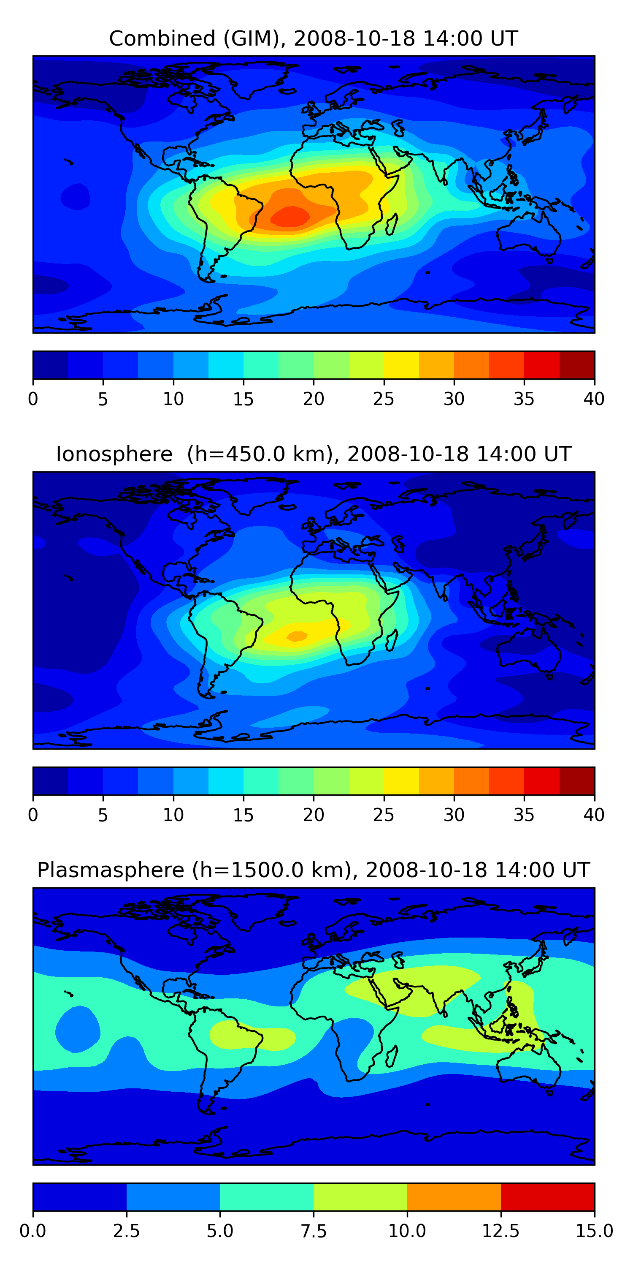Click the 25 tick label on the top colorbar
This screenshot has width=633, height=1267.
click(383, 399)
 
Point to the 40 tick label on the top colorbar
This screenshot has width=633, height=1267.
click(594, 399)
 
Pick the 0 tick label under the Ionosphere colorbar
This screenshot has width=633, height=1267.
click(33, 815)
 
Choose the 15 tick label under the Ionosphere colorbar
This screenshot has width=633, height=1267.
click(243, 815)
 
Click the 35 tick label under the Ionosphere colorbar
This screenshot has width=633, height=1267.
click(524, 815)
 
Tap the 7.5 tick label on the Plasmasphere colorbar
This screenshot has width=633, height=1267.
click(314, 1231)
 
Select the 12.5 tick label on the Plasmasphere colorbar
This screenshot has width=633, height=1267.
click(500, 1231)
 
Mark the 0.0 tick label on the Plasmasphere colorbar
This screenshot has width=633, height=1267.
click(33, 1231)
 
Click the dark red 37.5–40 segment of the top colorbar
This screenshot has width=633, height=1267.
click(577, 365)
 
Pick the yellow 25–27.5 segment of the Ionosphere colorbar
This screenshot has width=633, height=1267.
click(401, 780)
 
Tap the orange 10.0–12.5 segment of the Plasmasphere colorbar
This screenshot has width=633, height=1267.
click(454, 1196)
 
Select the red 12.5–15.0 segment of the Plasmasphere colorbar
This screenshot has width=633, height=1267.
click(547, 1196)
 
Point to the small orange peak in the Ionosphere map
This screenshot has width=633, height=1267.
click(297, 636)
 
